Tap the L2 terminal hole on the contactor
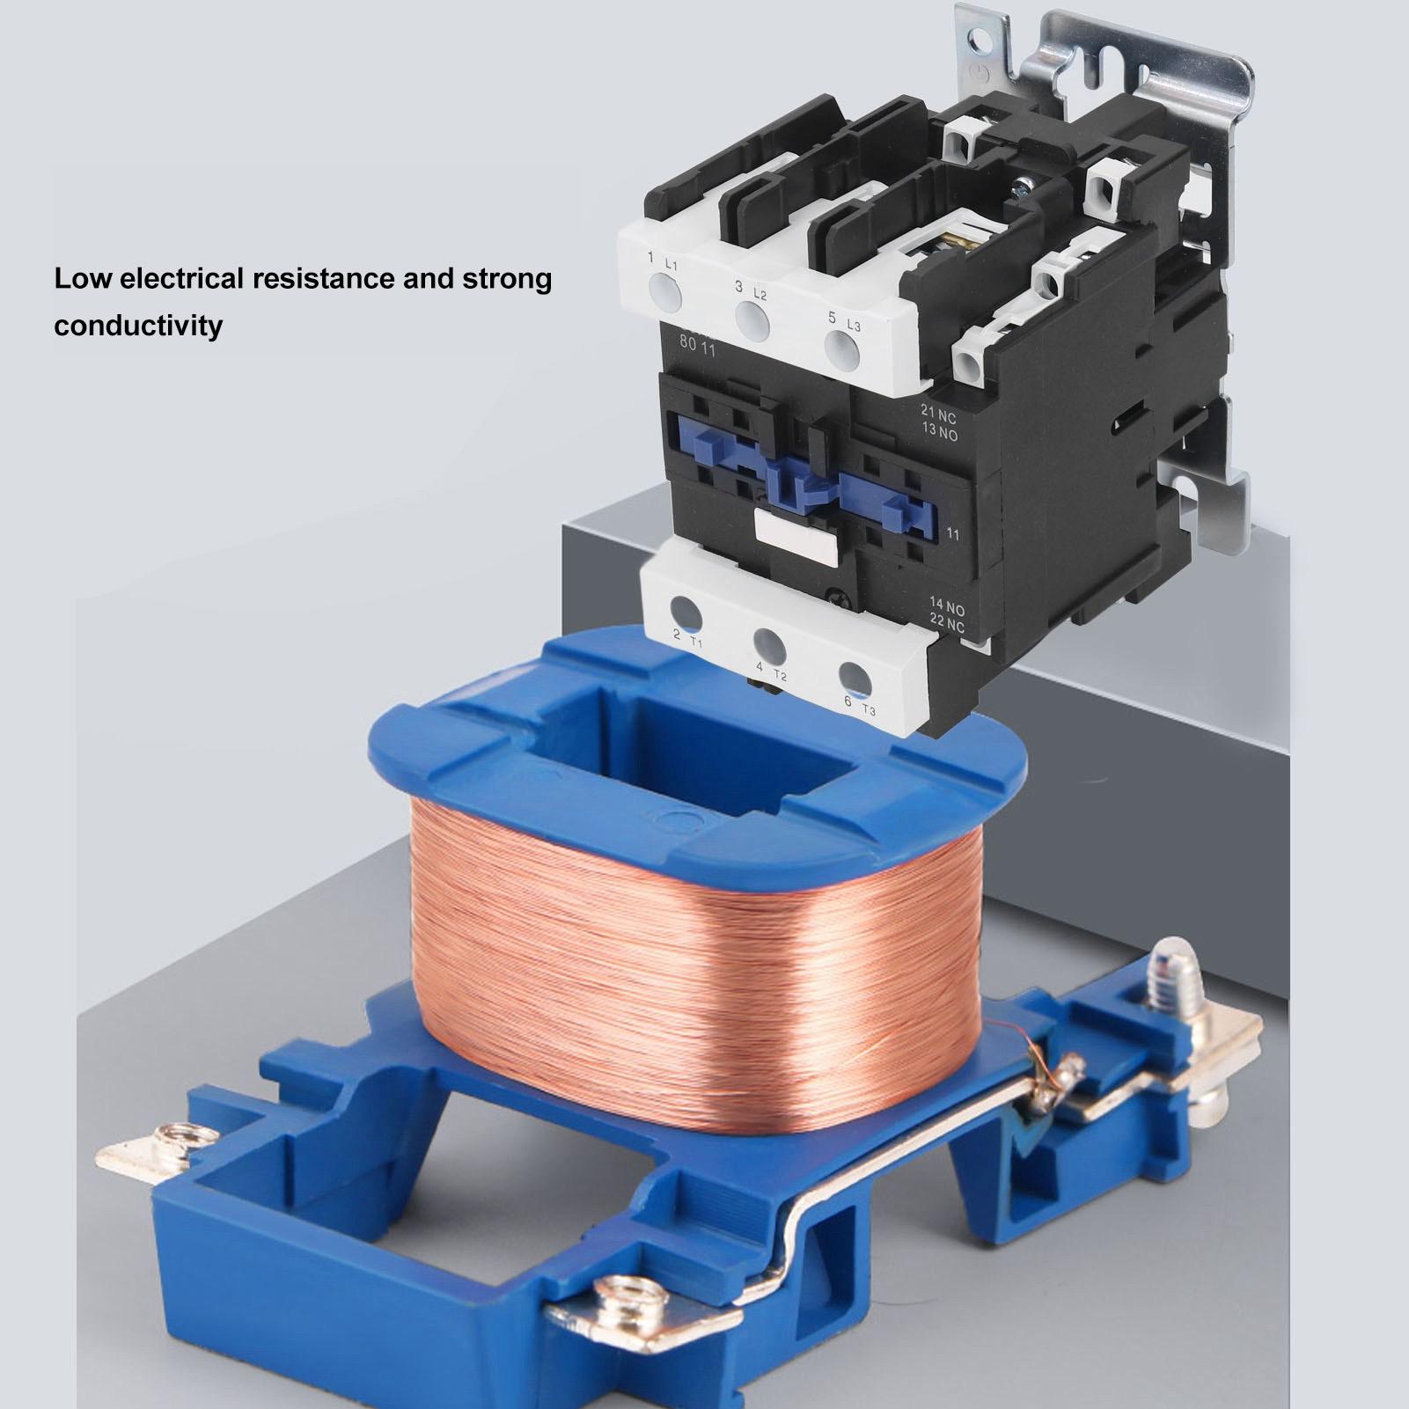pos(752,320)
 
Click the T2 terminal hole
pos(768,644)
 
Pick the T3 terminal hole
pos(854,676)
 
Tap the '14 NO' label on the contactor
pos(948,606)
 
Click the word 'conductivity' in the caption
pos(138,325)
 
